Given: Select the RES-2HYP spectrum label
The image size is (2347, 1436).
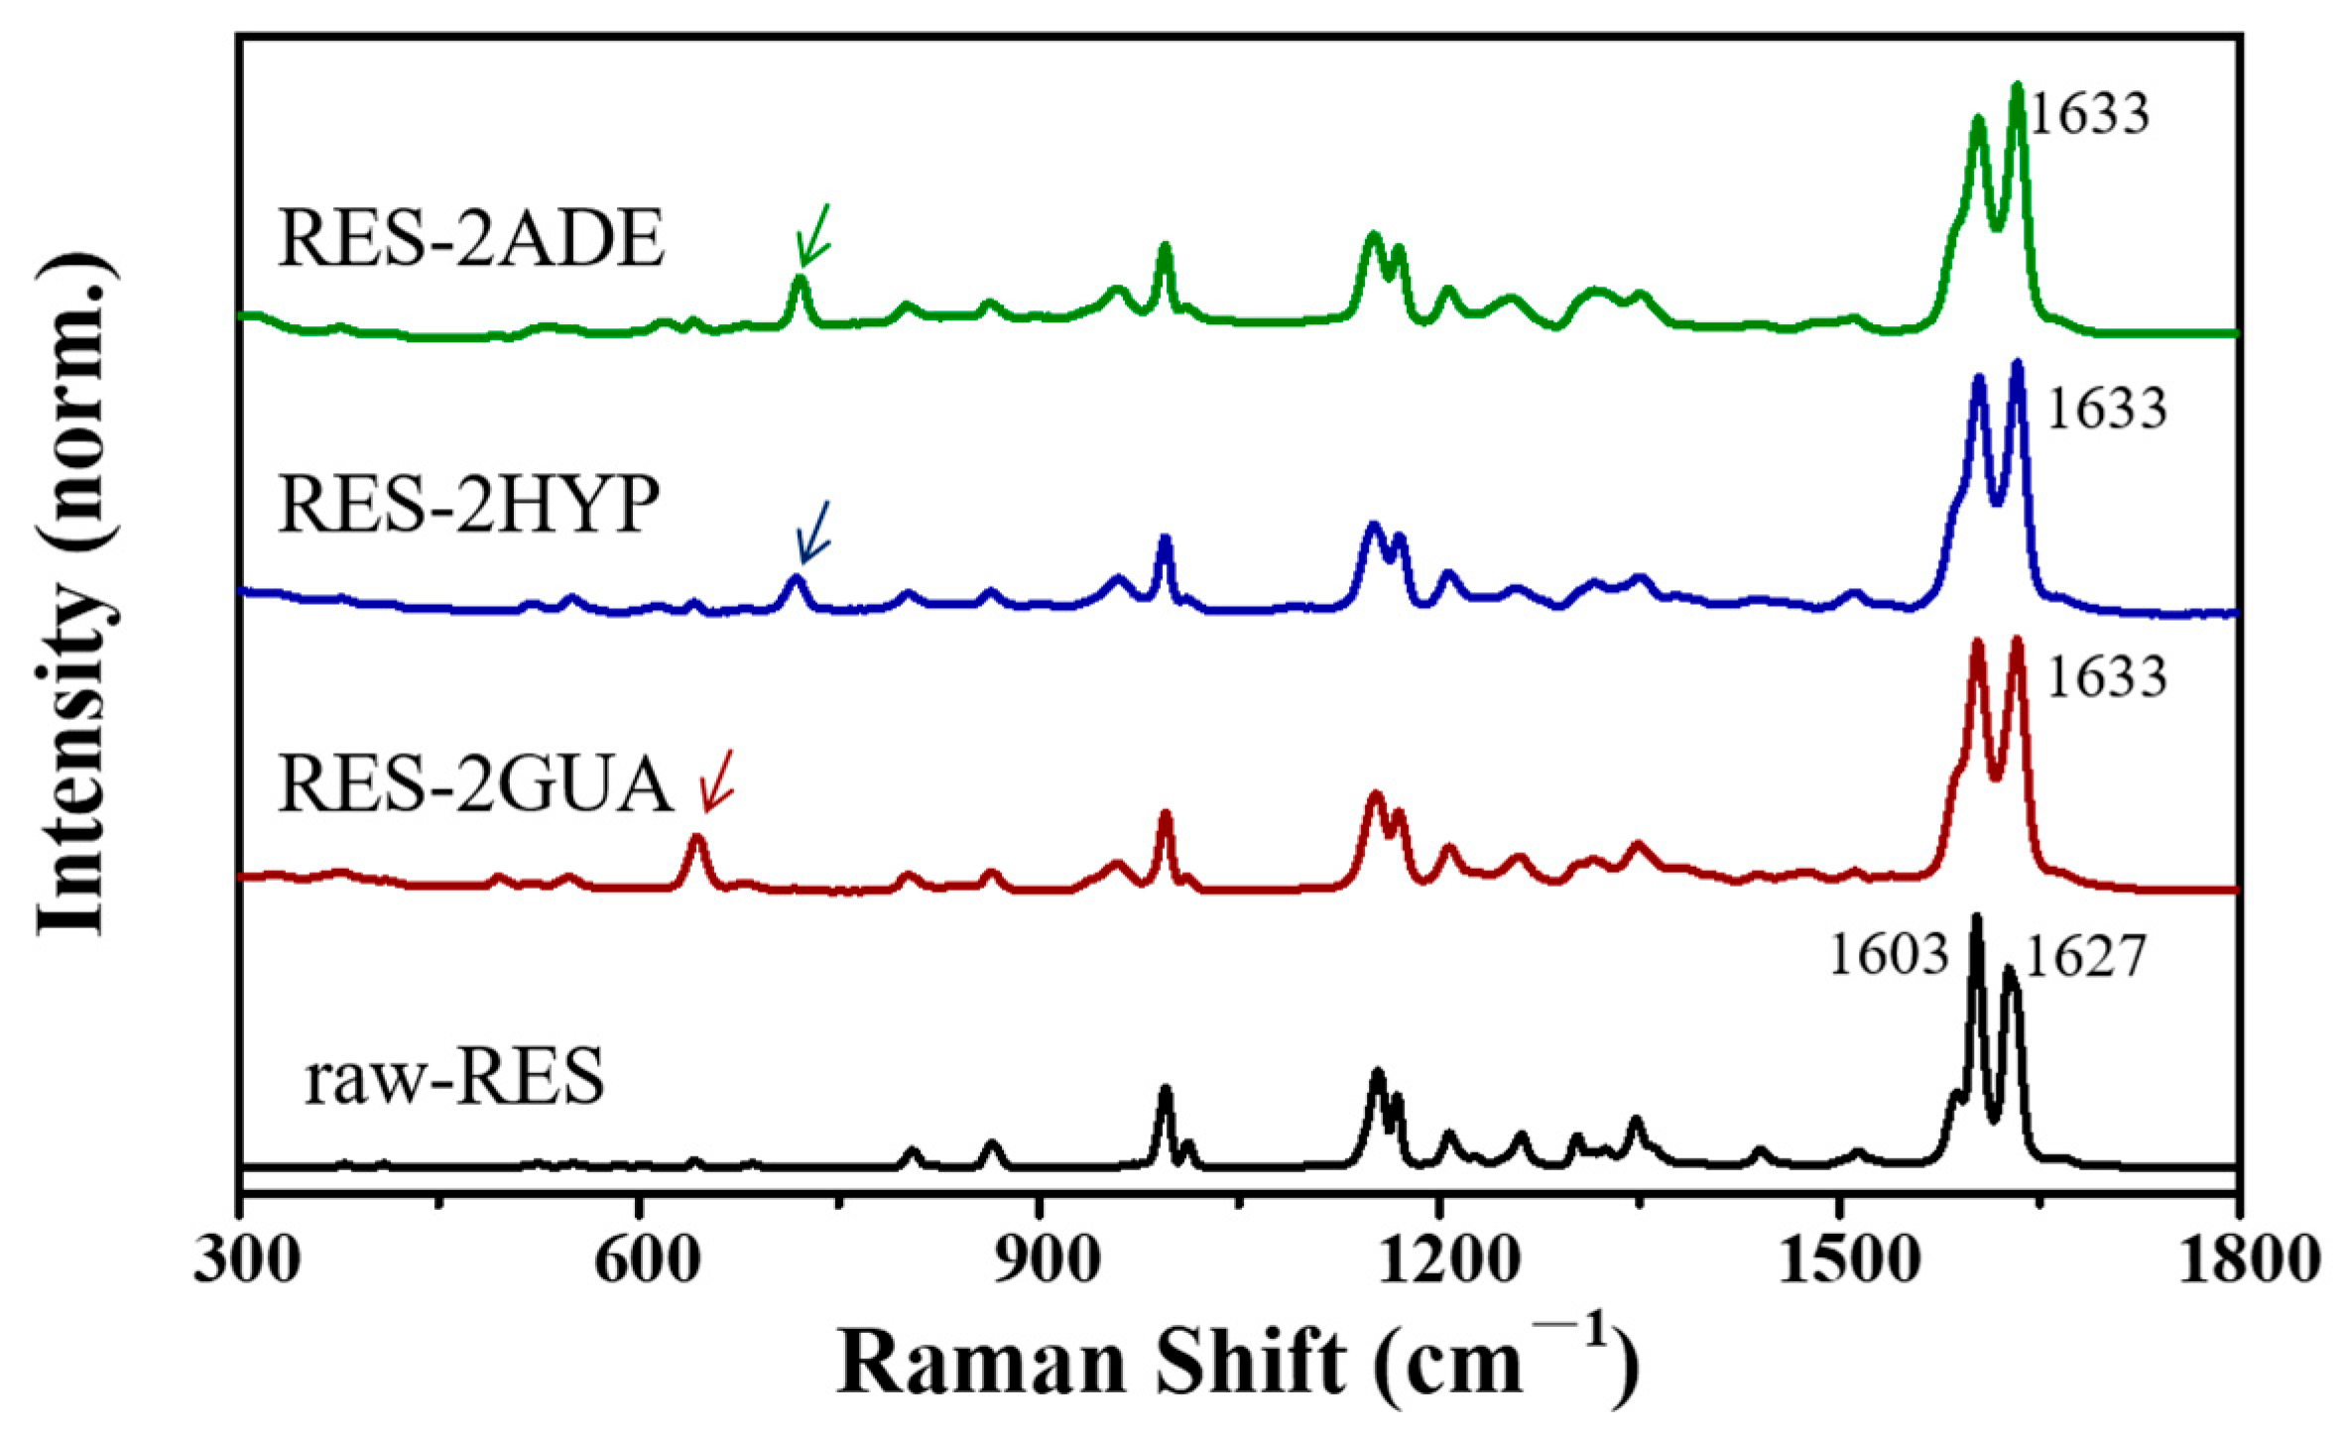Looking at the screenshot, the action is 469,505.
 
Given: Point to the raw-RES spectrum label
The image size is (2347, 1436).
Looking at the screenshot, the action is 453,1078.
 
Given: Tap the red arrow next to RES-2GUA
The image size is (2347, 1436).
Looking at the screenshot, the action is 717,780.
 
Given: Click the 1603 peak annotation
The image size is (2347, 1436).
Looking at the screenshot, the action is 1889,957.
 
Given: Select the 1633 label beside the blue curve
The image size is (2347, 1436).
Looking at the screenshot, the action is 2106,408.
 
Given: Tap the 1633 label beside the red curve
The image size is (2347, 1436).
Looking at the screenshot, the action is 2106,678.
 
